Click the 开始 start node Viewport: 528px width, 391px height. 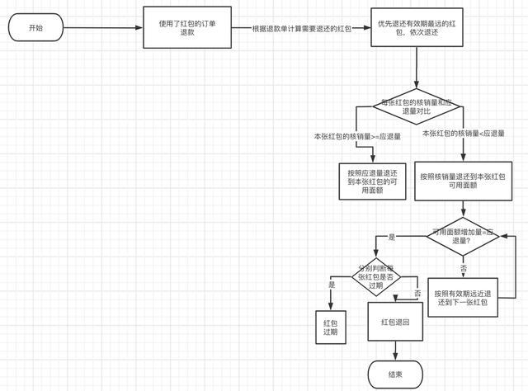click(35, 27)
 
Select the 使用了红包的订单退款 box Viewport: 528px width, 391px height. click(184, 28)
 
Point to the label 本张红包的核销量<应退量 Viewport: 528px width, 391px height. click(463, 133)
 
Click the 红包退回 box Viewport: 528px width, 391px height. click(396, 323)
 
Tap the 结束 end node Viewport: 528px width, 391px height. click(395, 375)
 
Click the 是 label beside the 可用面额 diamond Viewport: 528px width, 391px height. click(392, 238)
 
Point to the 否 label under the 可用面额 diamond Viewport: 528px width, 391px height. click(464, 269)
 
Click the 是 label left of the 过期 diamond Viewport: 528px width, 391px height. click(332, 285)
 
